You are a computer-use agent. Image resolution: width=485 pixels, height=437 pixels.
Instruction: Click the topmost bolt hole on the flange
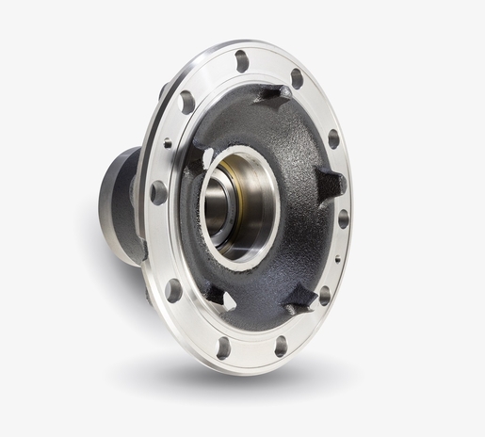[242, 61]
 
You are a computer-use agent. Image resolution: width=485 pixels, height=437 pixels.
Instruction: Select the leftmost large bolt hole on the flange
[158, 192]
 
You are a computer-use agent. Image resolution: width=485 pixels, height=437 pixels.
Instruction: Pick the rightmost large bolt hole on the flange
[344, 218]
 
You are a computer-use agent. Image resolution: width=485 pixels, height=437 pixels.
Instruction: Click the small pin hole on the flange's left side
[168, 143]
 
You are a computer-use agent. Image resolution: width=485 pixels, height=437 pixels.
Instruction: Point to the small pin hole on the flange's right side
[338, 257]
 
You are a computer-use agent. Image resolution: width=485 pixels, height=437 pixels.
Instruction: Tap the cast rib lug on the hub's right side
[330, 183]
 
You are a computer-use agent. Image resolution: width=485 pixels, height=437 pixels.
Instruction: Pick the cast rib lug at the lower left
[215, 293]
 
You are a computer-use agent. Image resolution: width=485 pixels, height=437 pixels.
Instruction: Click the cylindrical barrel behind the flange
[121, 202]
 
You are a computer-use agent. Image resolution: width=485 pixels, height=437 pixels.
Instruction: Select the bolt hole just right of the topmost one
[298, 78]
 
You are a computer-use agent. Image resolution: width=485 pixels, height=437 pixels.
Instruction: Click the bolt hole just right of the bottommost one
[281, 346]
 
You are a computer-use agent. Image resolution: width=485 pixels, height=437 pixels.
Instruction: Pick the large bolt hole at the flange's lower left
[174, 290]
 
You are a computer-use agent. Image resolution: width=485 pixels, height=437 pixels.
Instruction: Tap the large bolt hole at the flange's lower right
[325, 296]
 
